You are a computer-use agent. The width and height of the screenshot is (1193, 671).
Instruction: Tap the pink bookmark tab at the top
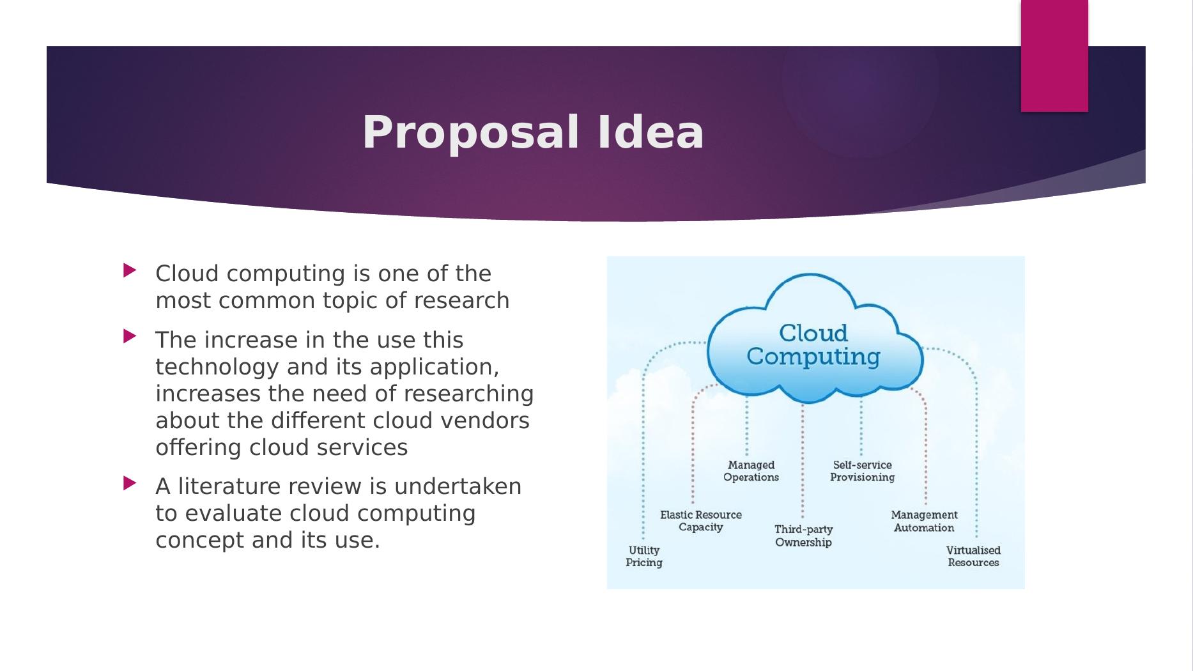1054,56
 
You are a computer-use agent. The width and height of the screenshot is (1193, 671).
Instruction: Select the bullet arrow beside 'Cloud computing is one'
130,270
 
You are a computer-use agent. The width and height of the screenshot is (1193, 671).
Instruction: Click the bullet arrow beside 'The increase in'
130,336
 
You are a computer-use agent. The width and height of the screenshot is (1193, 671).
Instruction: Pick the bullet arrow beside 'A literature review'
130,483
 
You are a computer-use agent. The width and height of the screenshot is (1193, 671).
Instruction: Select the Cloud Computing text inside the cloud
813,345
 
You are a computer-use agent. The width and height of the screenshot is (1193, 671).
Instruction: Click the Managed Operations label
751,471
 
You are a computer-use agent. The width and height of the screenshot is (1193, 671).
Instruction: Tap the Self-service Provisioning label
862,471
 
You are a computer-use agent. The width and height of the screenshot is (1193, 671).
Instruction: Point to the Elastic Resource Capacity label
701,521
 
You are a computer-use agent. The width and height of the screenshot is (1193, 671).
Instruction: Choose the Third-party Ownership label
803,536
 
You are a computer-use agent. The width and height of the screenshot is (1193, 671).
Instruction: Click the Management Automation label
924,521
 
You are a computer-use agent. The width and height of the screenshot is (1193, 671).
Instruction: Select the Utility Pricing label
643,557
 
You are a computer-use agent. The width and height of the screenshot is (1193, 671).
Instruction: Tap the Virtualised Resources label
973,557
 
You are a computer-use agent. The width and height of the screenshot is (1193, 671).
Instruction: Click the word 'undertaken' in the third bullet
458,486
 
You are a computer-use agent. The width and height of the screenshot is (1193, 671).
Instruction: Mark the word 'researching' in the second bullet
469,395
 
